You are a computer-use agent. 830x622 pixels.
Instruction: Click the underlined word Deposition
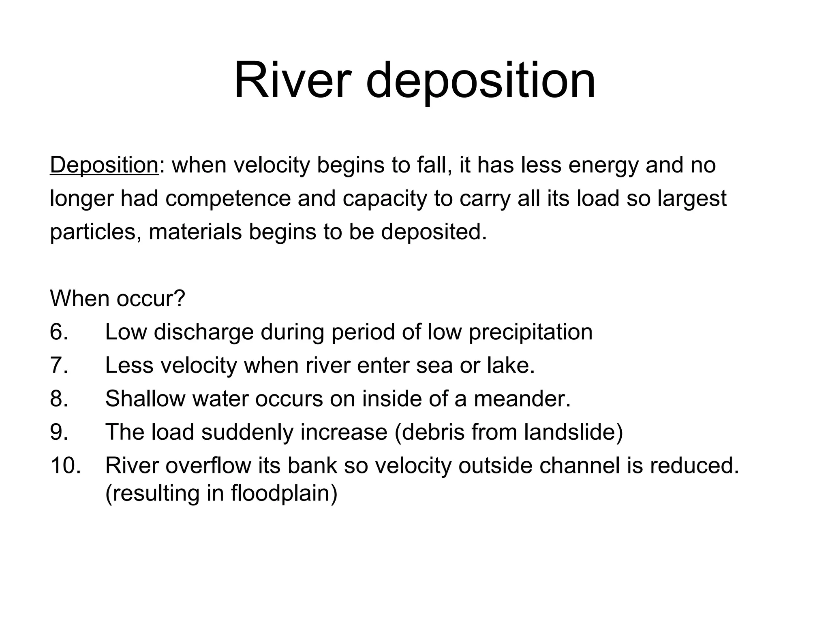point(104,165)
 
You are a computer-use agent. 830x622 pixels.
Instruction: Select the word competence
point(228,199)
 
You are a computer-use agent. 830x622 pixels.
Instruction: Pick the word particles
point(96,232)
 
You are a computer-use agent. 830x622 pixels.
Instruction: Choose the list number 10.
point(65,465)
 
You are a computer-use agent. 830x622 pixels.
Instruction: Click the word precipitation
point(531,332)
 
